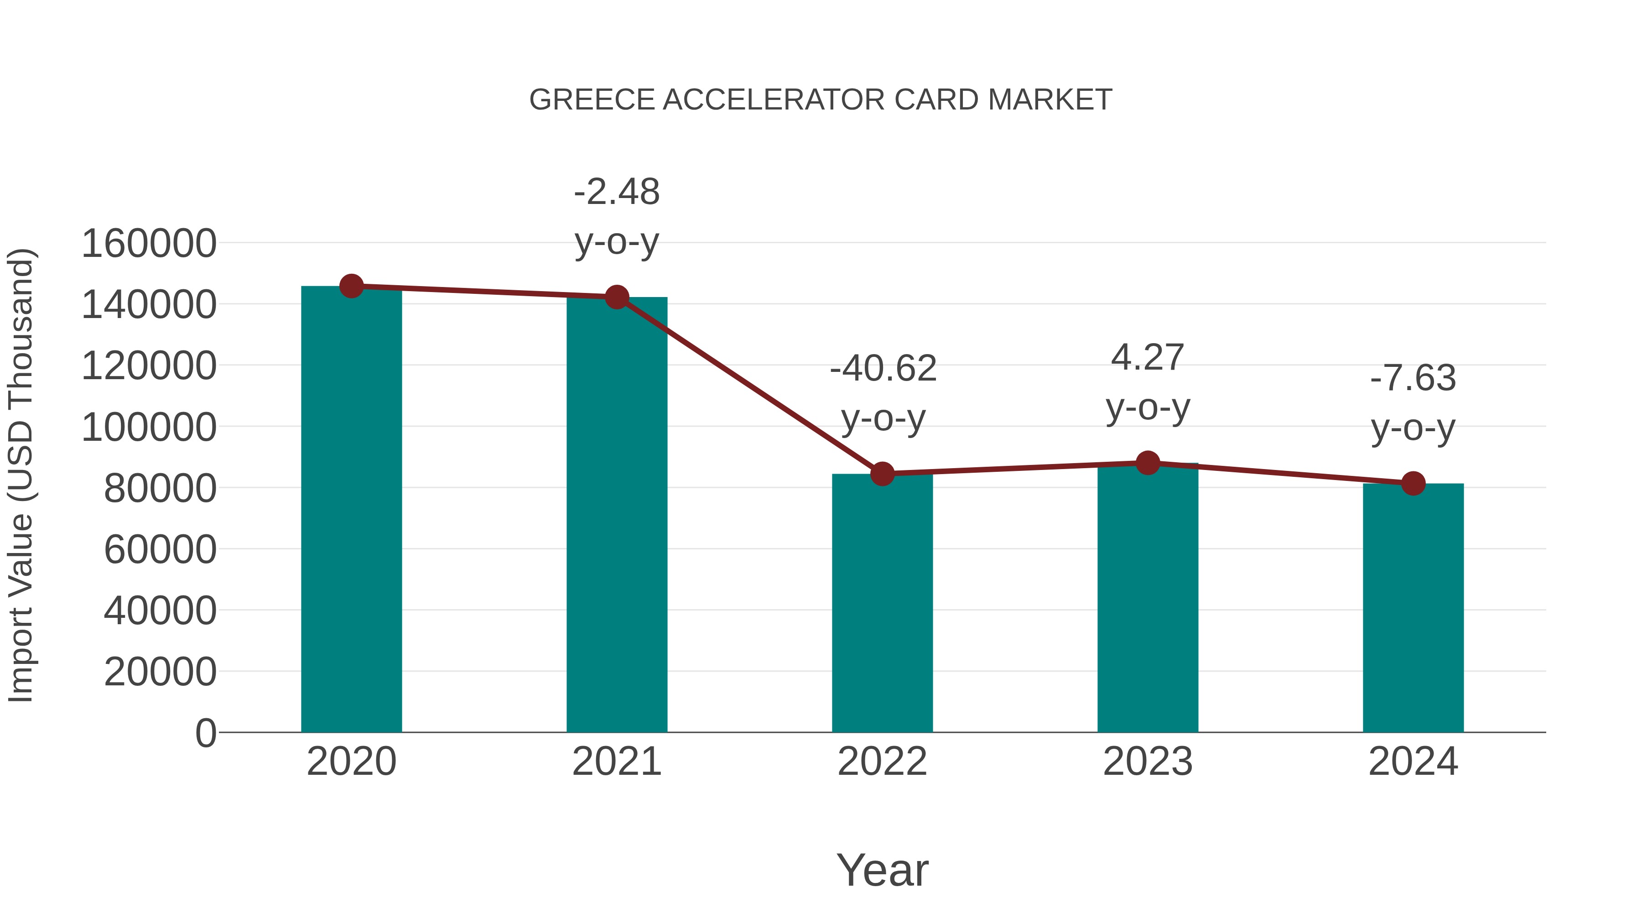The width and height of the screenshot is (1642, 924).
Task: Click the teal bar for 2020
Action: pos(351,510)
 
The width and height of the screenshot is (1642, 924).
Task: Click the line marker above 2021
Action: pos(616,297)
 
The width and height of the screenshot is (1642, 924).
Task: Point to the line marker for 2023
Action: pos(1148,463)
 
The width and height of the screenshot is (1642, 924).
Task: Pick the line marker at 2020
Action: pos(351,286)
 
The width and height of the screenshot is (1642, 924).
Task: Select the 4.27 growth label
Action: pos(1148,357)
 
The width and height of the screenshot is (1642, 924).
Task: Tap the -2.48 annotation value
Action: pos(616,192)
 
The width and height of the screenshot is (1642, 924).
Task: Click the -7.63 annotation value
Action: pos(1413,378)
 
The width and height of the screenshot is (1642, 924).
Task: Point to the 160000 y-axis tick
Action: pos(149,244)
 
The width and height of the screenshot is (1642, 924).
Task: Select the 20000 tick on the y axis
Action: pos(160,672)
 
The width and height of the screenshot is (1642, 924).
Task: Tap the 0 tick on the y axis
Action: pos(206,733)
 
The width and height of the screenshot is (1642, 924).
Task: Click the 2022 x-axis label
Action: pos(882,762)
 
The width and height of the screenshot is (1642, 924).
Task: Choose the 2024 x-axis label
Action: pos(1413,762)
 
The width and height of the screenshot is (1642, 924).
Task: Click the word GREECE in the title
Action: pos(592,100)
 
